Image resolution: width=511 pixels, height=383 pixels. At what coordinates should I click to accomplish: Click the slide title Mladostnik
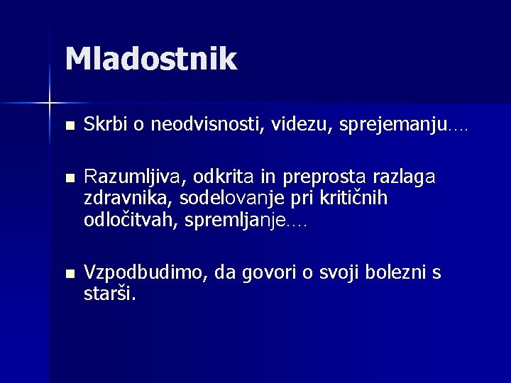(x=150, y=59)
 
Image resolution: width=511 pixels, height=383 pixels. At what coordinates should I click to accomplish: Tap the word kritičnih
(x=353, y=198)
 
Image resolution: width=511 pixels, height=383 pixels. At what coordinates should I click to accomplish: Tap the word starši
(x=109, y=293)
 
